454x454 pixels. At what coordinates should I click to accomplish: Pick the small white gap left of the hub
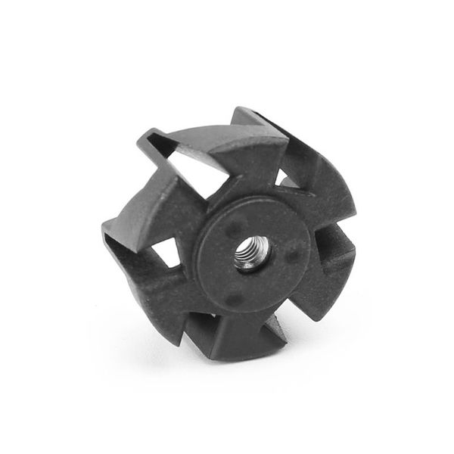click(x=168, y=253)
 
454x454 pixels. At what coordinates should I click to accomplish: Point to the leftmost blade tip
click(x=104, y=228)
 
